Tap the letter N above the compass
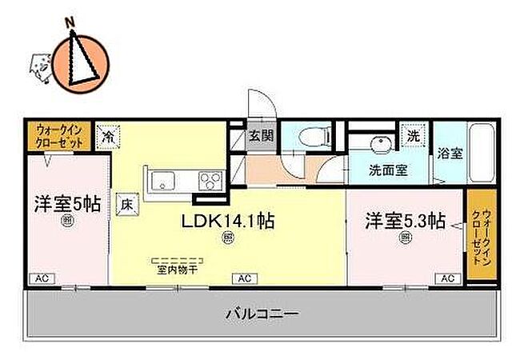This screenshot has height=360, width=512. click(70, 22)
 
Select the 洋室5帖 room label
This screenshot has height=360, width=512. click(66, 203)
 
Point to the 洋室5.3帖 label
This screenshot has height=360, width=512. click(406, 220)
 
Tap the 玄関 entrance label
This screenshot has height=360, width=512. click(261, 135)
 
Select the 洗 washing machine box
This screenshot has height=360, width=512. click(414, 135)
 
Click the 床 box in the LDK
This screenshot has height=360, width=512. click(126, 205)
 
